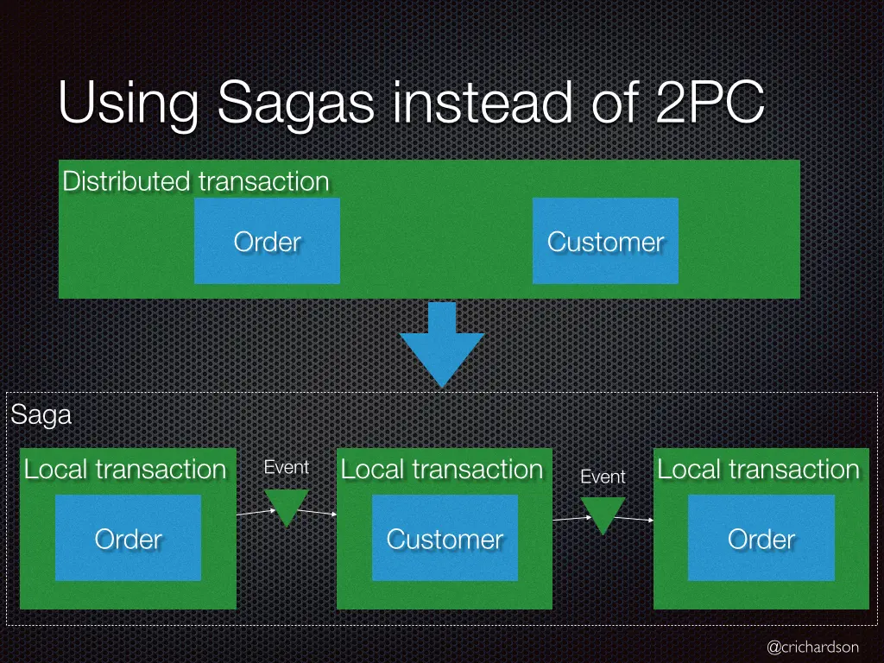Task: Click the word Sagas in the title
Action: tap(295, 104)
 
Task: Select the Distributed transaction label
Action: tap(196, 181)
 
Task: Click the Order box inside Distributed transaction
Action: tap(268, 241)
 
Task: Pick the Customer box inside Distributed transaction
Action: tap(605, 241)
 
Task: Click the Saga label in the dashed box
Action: tap(41, 415)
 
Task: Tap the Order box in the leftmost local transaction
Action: tap(128, 538)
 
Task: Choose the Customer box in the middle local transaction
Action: tap(445, 538)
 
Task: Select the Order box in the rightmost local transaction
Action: tap(761, 538)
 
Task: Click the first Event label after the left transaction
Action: tap(287, 467)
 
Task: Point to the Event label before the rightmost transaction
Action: tap(603, 477)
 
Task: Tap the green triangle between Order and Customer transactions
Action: tap(287, 505)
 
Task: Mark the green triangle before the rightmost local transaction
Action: tap(603, 513)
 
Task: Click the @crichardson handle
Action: tap(813, 647)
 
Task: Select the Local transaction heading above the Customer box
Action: tap(442, 469)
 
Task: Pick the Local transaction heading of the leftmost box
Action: tap(125, 469)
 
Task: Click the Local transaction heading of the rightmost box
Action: tap(759, 469)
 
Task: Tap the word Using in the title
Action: tap(129, 104)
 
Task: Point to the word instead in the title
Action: tap(483, 102)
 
